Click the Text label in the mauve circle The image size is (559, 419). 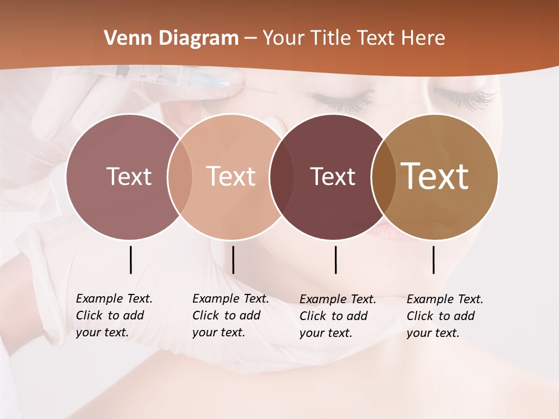coord(129,176)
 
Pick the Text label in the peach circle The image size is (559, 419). coord(231,176)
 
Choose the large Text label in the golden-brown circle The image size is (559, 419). coord(435,176)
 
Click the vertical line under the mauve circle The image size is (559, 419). coord(130,260)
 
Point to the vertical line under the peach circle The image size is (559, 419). coord(233,260)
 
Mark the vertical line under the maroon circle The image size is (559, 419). coord(335,260)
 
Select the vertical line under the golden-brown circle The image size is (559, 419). coord(433,260)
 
